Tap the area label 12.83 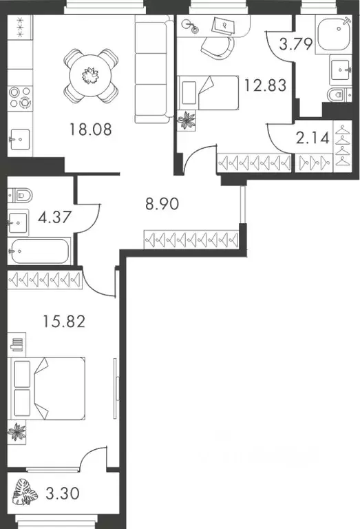click(263, 86)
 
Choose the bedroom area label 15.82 click(63, 322)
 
